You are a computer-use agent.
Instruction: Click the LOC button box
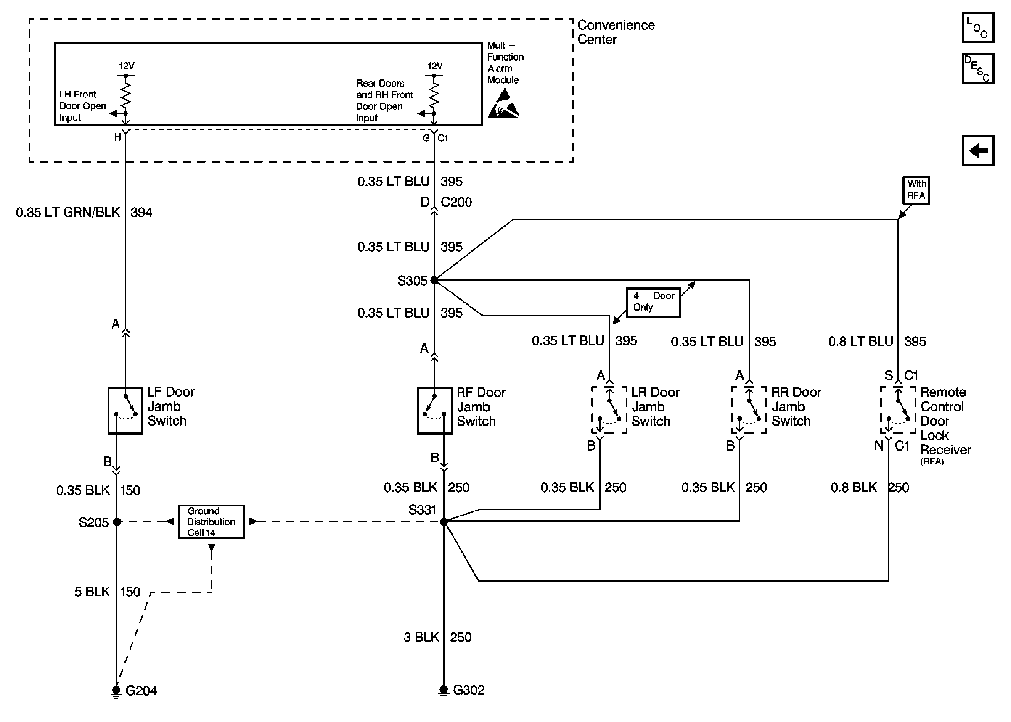977,28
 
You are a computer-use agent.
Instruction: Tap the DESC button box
977,69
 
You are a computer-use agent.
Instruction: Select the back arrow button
977,151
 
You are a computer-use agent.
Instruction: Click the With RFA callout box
916,190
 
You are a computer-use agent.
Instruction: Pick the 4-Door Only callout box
653,302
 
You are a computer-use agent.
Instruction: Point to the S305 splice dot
434,280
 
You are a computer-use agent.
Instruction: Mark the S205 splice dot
117,522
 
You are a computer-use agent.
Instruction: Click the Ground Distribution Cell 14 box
211,522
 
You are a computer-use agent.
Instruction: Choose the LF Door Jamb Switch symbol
125,410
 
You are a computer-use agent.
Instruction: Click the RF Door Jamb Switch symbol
434,410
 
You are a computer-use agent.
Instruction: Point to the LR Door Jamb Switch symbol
609,409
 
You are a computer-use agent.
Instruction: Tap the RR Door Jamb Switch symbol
749,409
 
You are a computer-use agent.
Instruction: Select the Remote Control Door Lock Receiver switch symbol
897,409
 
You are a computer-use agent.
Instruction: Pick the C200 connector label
456,202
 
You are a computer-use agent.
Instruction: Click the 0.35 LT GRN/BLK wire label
68,213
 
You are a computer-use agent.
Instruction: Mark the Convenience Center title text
616,32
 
